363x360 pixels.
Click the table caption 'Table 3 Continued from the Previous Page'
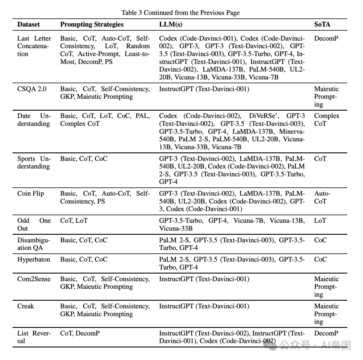[x=180, y=13]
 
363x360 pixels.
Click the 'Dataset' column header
[x=29, y=24]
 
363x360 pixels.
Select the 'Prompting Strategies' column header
[x=92, y=24]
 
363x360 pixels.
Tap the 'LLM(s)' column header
[x=171, y=24]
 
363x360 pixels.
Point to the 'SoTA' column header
[x=322, y=24]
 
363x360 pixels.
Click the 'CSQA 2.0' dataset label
[x=32, y=89]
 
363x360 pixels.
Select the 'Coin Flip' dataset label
[x=31, y=193]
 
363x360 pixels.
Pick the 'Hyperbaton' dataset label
[x=34, y=259]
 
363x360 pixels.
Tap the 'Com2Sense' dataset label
[x=34, y=279]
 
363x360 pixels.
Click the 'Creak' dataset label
[x=26, y=306]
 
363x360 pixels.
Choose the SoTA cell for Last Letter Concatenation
[x=326, y=38]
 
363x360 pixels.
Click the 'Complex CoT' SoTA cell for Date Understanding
[x=327, y=120]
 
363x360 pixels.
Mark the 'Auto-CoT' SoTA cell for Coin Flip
[x=322, y=197]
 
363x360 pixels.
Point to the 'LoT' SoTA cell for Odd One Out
[x=320, y=221]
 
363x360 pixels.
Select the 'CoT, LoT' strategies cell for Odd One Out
[x=74, y=221]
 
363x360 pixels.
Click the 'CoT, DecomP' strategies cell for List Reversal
[x=80, y=333]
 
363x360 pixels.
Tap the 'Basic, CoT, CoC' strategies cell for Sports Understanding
[x=84, y=158]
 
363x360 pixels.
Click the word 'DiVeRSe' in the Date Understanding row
[x=263, y=116]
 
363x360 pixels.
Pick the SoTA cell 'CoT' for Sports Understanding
[x=320, y=158]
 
